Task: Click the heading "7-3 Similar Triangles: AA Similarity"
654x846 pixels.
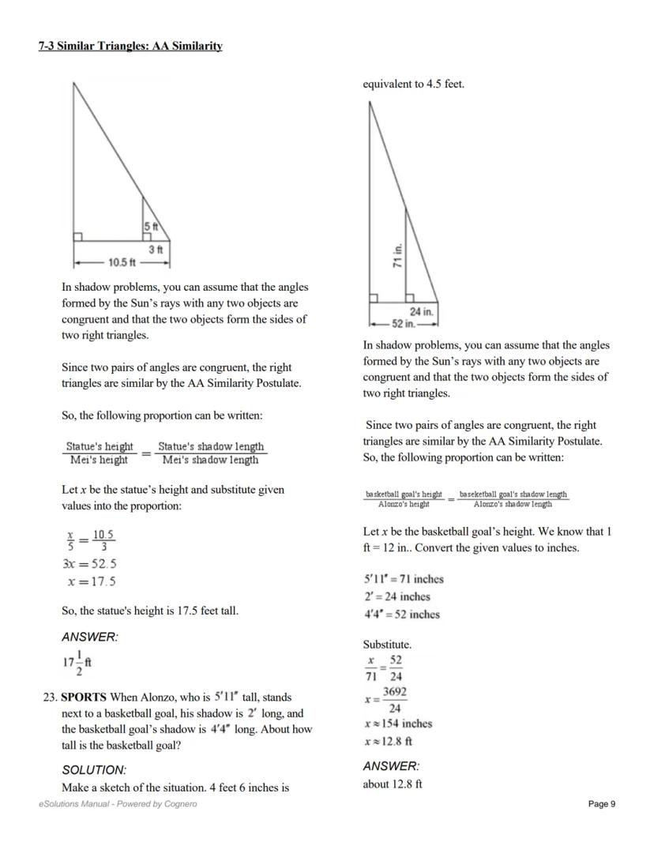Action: (130, 47)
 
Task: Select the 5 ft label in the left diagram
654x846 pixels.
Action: (150, 227)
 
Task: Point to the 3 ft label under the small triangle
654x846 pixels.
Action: (156, 249)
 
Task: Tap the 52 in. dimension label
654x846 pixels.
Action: (404, 324)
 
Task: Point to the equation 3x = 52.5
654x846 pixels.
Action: (89, 564)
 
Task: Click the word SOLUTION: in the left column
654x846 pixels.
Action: (94, 769)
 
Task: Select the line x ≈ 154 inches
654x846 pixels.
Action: (398, 724)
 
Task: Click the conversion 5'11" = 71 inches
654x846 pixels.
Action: (403, 579)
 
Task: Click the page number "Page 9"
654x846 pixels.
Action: (602, 804)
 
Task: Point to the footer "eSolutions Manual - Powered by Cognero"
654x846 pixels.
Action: (118, 804)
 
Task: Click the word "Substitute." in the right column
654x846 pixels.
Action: (387, 645)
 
